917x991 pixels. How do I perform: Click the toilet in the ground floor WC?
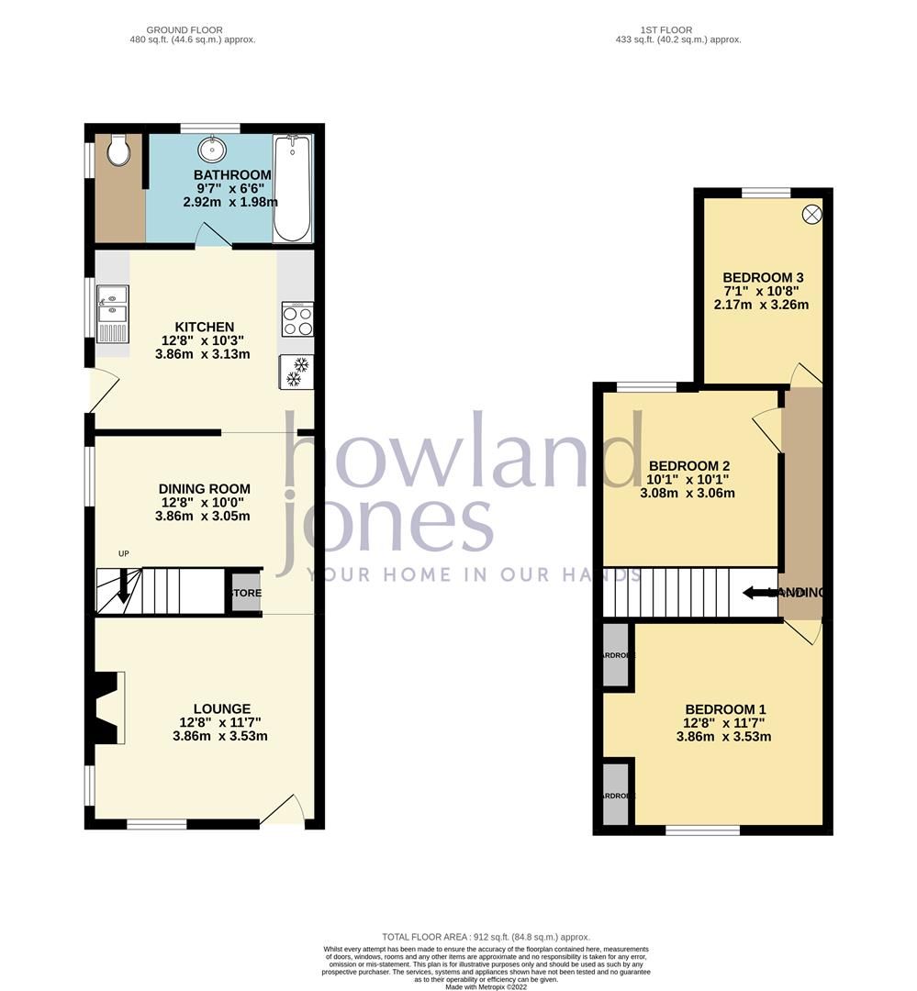(x=117, y=151)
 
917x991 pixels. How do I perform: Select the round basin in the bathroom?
(x=213, y=149)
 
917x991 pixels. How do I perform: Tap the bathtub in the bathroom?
(x=292, y=188)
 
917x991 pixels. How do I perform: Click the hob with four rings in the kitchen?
(x=297, y=320)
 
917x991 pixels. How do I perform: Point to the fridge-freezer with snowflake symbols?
(x=296, y=372)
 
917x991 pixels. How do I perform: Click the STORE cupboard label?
(x=245, y=593)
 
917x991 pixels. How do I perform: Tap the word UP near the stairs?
(x=123, y=553)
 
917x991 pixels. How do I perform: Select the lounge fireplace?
(x=106, y=707)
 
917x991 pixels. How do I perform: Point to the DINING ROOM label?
(x=204, y=489)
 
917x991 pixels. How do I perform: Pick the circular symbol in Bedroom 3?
(x=812, y=214)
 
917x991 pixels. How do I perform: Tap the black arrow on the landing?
(x=760, y=593)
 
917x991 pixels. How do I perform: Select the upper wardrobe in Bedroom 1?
(x=615, y=656)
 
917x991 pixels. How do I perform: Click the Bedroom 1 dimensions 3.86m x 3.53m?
(x=723, y=736)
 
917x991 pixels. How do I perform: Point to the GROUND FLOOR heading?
(x=191, y=30)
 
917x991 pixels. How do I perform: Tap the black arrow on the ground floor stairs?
(x=124, y=587)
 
